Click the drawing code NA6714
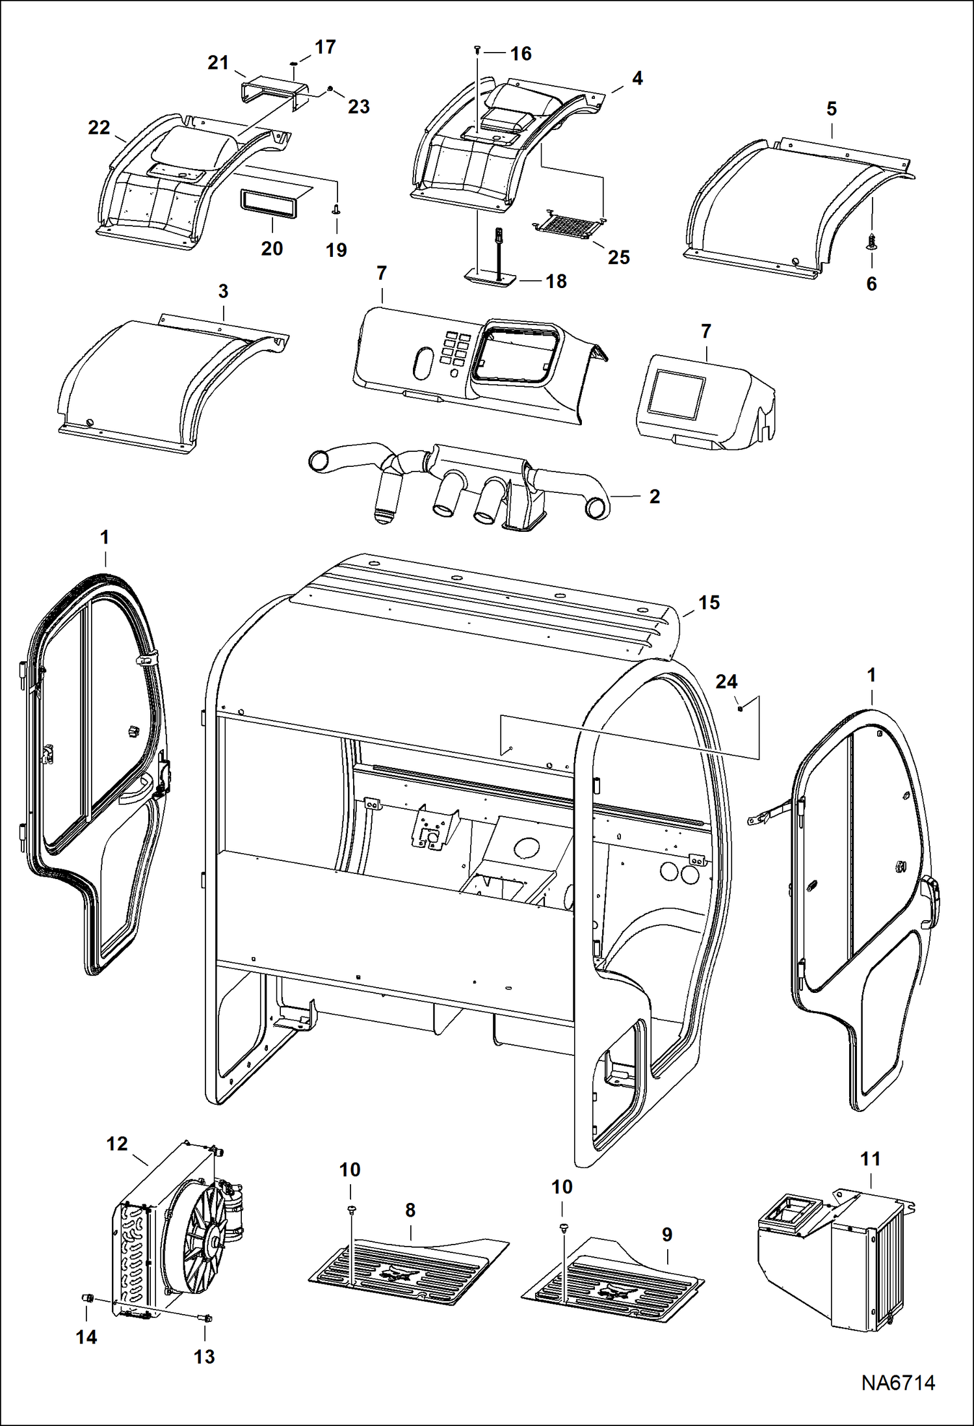898,1382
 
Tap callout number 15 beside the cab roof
709,603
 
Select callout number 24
726,681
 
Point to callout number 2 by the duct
654,496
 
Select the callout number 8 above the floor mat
410,1210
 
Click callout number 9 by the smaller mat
666,1234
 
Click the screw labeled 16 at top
478,49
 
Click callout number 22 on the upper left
99,127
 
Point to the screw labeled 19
336,209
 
